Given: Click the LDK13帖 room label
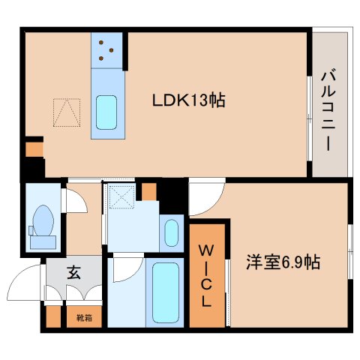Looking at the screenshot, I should click(x=190, y=100).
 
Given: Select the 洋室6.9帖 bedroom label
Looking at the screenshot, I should click(x=284, y=263).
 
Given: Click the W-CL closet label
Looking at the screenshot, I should click(x=206, y=274).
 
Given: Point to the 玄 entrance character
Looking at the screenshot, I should click(x=75, y=274).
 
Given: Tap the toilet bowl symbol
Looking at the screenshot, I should click(x=43, y=220).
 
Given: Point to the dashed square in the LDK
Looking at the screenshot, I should click(x=68, y=112).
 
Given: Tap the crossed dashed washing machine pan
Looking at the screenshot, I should click(x=119, y=197).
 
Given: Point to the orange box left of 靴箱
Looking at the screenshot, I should click(x=52, y=317).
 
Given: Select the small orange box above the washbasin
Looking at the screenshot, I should click(x=148, y=192).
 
